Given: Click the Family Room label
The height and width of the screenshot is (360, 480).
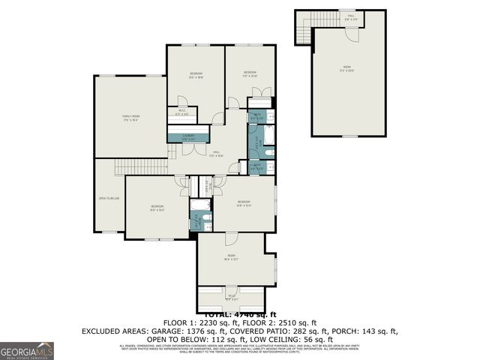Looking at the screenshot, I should [x=132, y=118].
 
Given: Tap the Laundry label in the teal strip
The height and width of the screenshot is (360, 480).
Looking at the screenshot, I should [x=188, y=137].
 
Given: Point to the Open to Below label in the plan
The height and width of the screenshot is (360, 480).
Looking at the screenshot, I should [x=109, y=198].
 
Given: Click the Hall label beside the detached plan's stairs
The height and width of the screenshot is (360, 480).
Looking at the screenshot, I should [x=350, y=16].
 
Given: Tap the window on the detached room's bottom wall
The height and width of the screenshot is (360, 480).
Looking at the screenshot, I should [x=349, y=136].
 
